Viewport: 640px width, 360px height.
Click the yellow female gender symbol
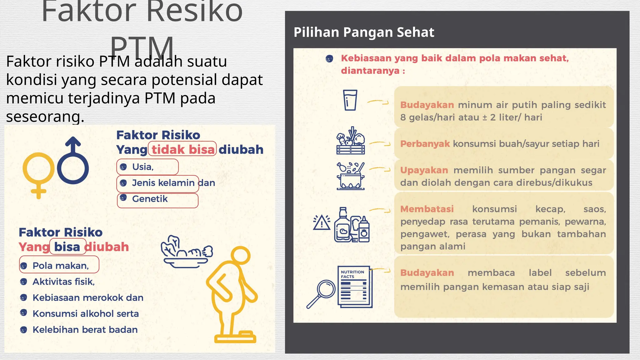pyautogui.click(x=38, y=173)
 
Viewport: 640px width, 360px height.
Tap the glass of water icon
pyautogui.click(x=350, y=100)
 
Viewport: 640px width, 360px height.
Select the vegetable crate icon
pyautogui.click(x=351, y=141)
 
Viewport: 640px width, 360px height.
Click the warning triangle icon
pyautogui.click(x=322, y=223)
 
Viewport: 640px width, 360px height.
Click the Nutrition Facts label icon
pyautogui.click(x=355, y=287)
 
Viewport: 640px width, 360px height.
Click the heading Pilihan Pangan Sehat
pyautogui.click(x=364, y=32)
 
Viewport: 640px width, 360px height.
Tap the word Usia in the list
pyautogui.click(x=142, y=167)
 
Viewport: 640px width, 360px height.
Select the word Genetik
pyautogui.click(x=150, y=199)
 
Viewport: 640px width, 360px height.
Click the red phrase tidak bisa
pyautogui.click(x=183, y=150)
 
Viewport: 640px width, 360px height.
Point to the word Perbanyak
pyautogui.click(x=425, y=144)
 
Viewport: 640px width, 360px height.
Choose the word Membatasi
pyautogui.click(x=427, y=209)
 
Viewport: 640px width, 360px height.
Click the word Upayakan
pyautogui.click(x=424, y=170)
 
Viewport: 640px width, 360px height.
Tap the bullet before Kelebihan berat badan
pyautogui.click(x=23, y=330)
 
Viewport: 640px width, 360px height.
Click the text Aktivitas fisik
pyautogui.click(x=63, y=282)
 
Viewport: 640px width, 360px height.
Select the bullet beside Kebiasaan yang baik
pyautogui.click(x=329, y=58)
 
